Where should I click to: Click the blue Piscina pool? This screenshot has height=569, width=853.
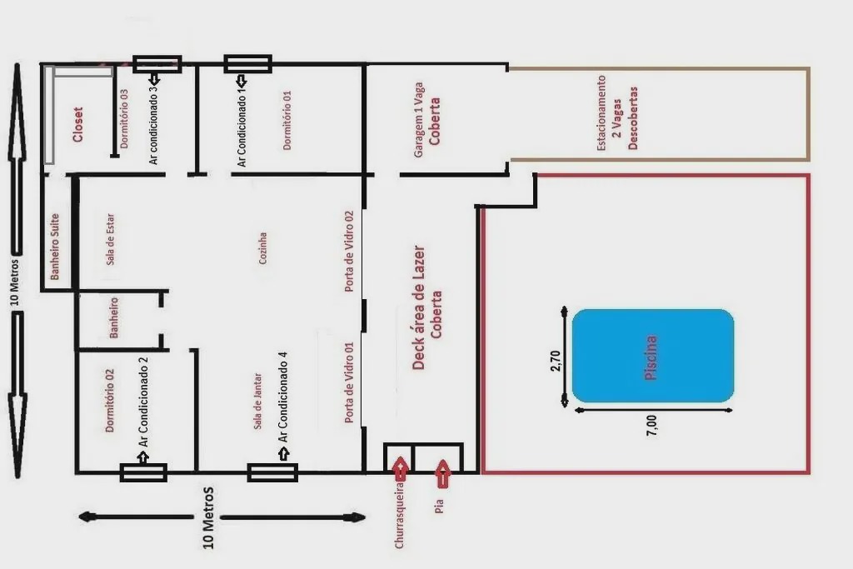coord(653,357)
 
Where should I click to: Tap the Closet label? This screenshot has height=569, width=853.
coord(78,125)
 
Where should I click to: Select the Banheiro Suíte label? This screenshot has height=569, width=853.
coord(54,247)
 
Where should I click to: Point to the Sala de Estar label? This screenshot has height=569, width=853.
coord(111,239)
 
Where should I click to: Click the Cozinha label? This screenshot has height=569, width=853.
coord(262,248)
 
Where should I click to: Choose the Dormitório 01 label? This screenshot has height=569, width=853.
coord(287,120)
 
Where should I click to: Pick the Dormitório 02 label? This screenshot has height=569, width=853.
coord(110,401)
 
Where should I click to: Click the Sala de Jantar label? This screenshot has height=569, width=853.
coord(258,402)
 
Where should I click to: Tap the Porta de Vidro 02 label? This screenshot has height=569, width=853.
coord(349,252)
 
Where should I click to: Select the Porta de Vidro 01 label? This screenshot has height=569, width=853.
coord(349,382)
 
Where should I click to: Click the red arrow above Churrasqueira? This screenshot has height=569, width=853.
coord(401,470)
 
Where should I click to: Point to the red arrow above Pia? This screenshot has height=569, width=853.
coord(442,473)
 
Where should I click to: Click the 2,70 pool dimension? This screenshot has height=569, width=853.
coord(556,362)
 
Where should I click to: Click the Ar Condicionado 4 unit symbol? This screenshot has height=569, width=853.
coord(272,472)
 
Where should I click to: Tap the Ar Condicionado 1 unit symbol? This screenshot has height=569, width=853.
coord(247,63)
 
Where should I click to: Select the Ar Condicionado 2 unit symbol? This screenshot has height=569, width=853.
coord(143,472)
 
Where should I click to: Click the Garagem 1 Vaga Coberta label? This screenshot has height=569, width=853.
coord(427,120)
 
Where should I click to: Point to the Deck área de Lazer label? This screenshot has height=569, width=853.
coord(427,308)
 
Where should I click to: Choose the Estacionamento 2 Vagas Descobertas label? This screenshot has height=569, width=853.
coord(617,112)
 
